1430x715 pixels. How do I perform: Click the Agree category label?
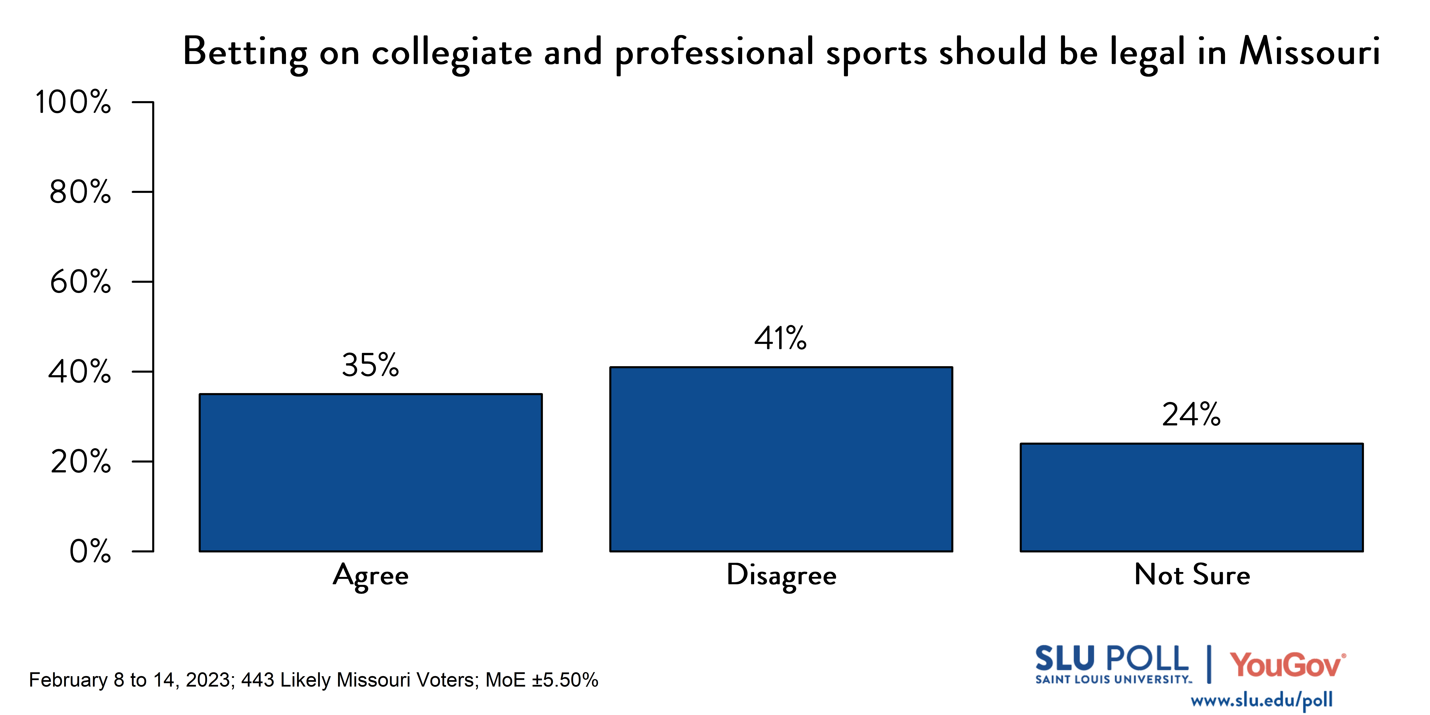tap(371, 576)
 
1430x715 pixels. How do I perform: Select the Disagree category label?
tap(781, 576)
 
